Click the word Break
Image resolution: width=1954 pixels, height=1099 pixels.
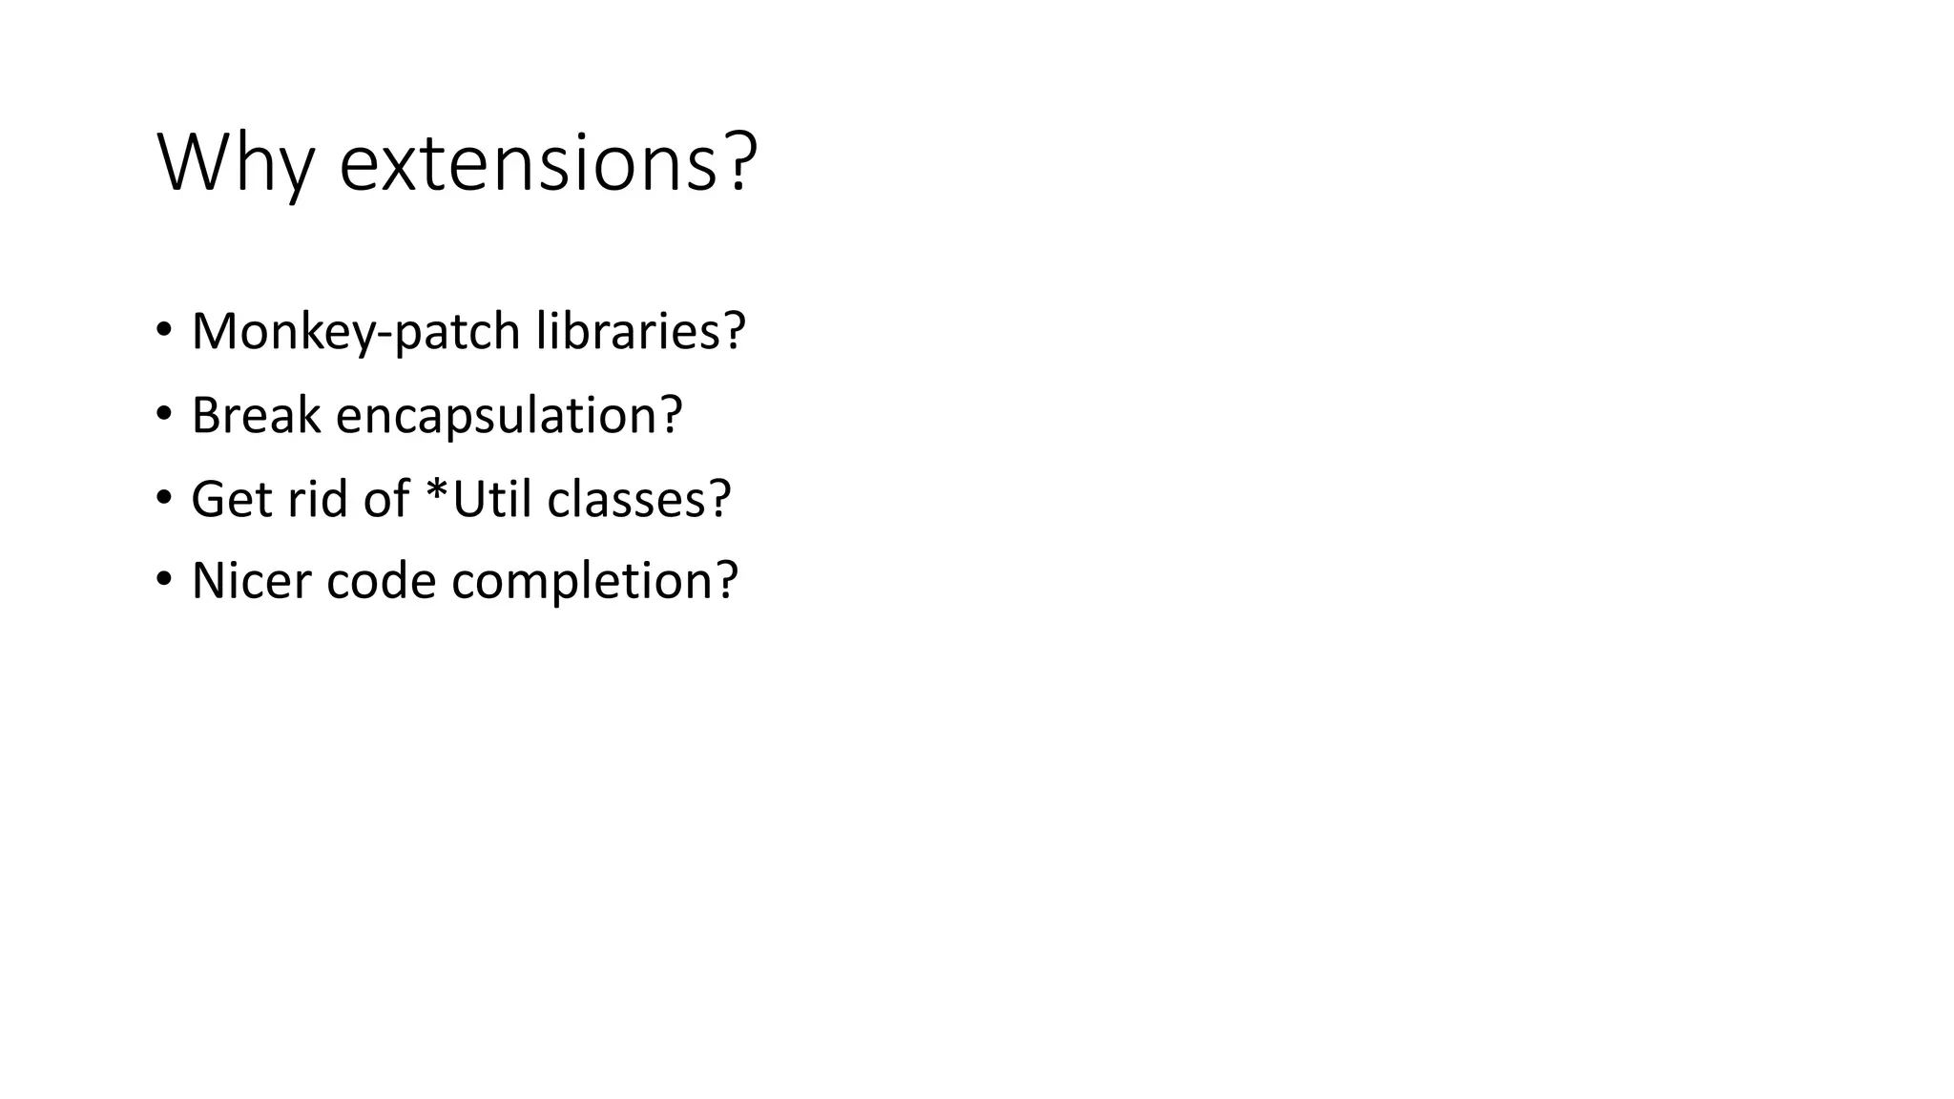[x=256, y=415]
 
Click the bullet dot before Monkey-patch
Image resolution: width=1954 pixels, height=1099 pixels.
[x=164, y=330]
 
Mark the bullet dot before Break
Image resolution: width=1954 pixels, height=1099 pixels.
[x=164, y=414]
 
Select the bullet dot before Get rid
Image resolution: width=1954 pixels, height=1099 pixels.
[x=164, y=497]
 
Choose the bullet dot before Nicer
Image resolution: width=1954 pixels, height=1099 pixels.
[x=164, y=579]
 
